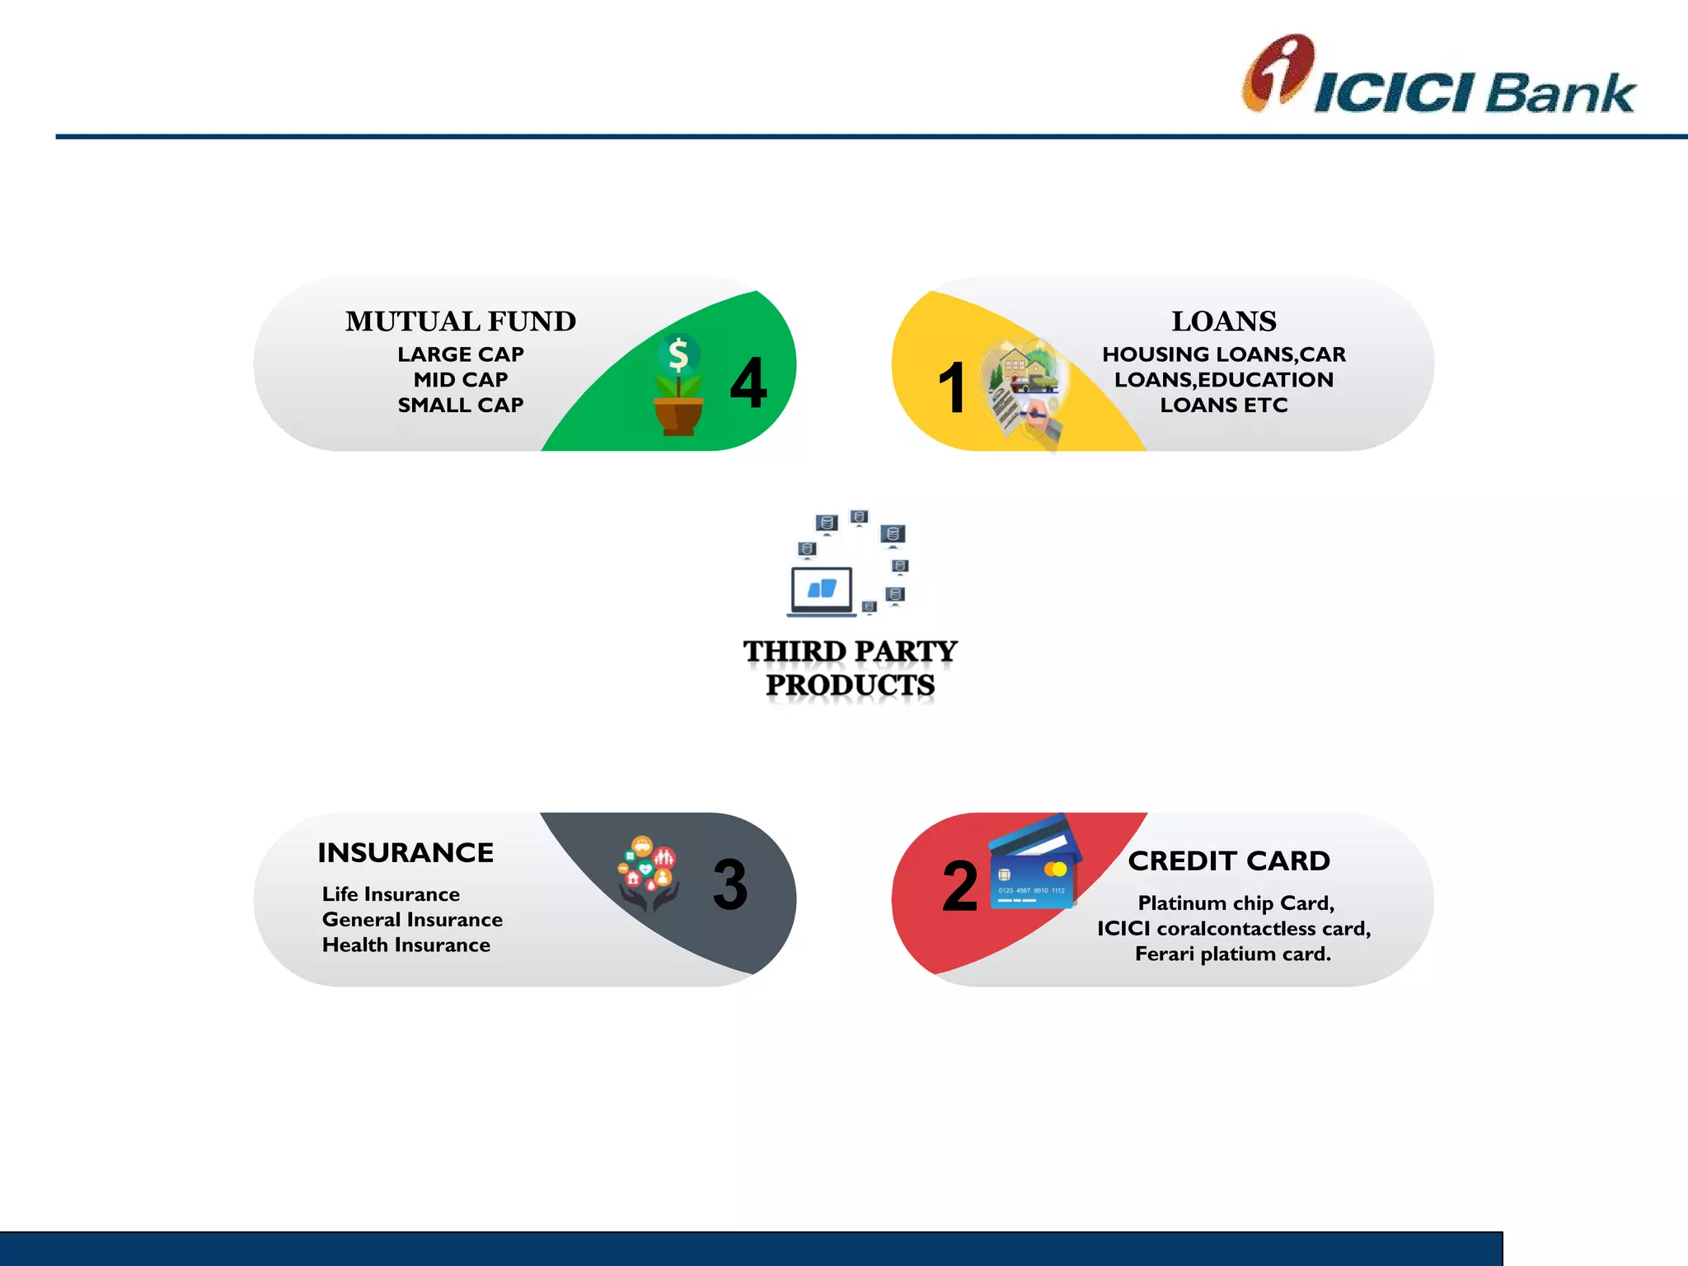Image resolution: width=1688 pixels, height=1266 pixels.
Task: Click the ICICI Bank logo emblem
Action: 1276,73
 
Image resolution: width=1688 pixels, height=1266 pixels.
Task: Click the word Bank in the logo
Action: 1560,92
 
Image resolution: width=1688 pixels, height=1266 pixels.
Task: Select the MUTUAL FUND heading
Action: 460,321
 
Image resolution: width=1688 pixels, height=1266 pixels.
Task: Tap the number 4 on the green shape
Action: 748,383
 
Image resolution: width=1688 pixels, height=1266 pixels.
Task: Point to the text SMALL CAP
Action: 460,406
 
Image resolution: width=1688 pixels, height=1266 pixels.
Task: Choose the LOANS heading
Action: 1223,321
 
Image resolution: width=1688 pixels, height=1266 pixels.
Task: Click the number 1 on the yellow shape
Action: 952,387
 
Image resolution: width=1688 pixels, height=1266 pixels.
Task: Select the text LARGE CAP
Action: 460,354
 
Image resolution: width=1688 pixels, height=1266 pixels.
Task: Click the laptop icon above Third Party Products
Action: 821,591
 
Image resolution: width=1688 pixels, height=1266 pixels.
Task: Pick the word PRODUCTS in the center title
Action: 850,685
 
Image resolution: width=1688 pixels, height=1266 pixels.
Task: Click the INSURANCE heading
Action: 406,852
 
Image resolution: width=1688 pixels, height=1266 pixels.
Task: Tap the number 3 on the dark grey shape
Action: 730,885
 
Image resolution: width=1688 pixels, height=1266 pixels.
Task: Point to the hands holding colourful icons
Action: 649,874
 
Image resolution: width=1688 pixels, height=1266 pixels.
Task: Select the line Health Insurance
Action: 406,945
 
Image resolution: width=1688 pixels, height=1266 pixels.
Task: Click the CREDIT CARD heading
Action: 1229,860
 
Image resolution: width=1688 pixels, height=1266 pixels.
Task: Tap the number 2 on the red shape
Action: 960,887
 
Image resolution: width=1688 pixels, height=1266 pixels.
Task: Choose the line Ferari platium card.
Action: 1233,954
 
